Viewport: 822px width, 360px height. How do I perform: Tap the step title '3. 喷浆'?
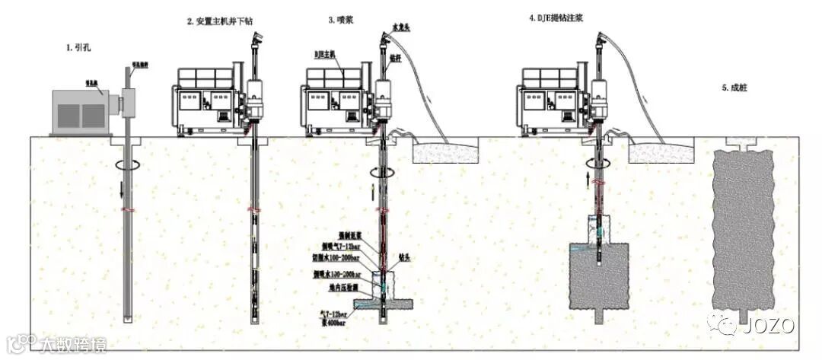(339, 21)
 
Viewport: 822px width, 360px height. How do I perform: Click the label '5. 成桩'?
(735, 88)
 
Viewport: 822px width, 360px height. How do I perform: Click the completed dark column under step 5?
(735, 228)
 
